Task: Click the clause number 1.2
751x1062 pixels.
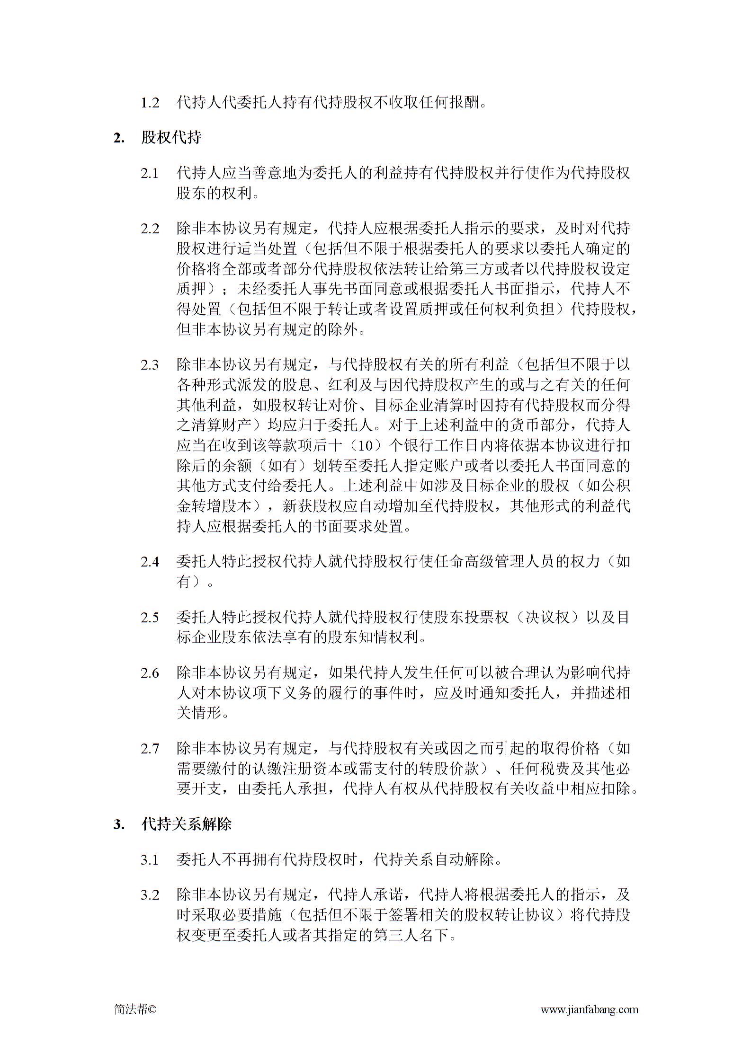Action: point(150,102)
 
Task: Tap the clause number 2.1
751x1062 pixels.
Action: point(150,173)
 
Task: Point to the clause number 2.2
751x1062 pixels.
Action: point(150,229)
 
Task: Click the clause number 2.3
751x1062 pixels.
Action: point(150,365)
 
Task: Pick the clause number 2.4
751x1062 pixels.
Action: point(150,562)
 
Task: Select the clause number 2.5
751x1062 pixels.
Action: point(150,618)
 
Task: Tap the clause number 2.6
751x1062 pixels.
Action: point(150,673)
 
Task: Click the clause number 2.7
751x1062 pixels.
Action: point(150,749)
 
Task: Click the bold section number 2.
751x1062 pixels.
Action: point(118,138)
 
